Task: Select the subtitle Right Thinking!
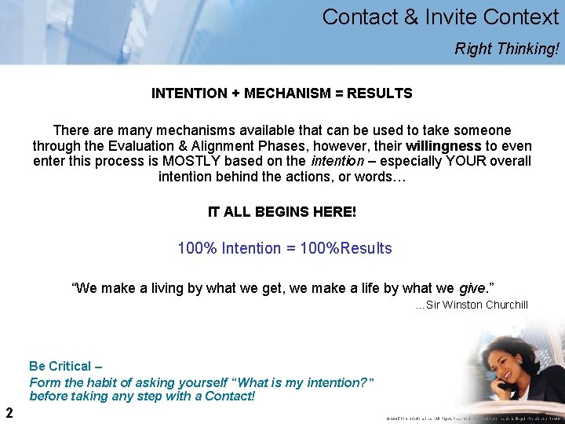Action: click(507, 49)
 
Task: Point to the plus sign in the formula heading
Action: click(235, 93)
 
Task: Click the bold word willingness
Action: click(443, 146)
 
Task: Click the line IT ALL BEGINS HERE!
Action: click(282, 212)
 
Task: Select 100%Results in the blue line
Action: click(349, 248)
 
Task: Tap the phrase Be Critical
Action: click(60, 366)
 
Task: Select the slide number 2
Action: click(9, 412)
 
